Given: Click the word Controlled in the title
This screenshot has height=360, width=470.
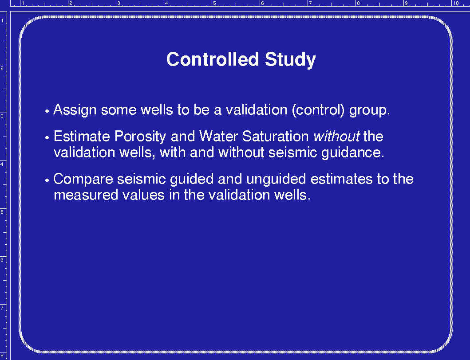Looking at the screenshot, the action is (x=213, y=59).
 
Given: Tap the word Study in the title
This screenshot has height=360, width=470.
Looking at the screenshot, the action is (x=290, y=60).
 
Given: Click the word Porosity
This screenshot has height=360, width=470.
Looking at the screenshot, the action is (x=140, y=137).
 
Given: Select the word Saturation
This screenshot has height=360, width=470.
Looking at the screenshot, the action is (x=276, y=136).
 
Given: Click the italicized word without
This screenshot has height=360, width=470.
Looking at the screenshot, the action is (x=336, y=136).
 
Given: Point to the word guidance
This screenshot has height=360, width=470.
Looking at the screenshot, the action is (x=353, y=153).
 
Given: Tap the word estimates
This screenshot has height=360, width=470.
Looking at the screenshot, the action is (x=342, y=179).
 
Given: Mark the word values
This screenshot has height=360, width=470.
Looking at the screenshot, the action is (x=144, y=195).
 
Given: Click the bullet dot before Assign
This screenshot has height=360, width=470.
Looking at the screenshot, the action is (x=47, y=111).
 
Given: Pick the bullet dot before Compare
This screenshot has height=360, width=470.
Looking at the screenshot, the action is (x=47, y=180).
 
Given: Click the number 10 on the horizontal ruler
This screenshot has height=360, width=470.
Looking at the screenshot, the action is (x=456, y=3).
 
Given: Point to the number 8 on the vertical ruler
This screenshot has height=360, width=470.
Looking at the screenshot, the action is (x=2, y=356).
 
